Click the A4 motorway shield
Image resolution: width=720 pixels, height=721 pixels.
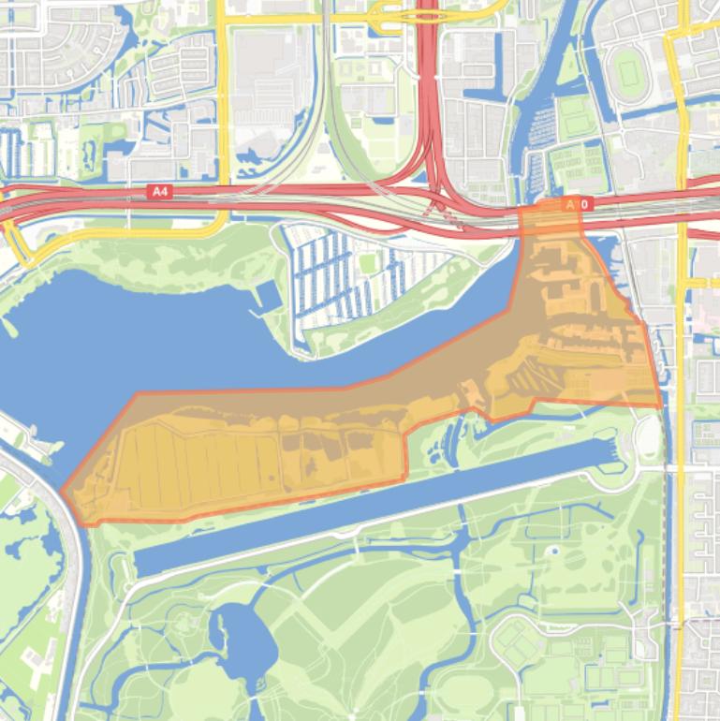click(x=161, y=191)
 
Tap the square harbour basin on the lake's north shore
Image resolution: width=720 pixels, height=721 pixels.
click(x=265, y=296)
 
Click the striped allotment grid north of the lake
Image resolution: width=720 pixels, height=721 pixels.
click(x=356, y=276)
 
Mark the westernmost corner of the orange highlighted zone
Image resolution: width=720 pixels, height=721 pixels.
click(x=63, y=491)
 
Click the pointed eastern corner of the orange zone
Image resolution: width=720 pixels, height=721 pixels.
click(x=660, y=405)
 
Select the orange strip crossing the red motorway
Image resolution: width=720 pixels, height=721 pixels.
click(x=551, y=217)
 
